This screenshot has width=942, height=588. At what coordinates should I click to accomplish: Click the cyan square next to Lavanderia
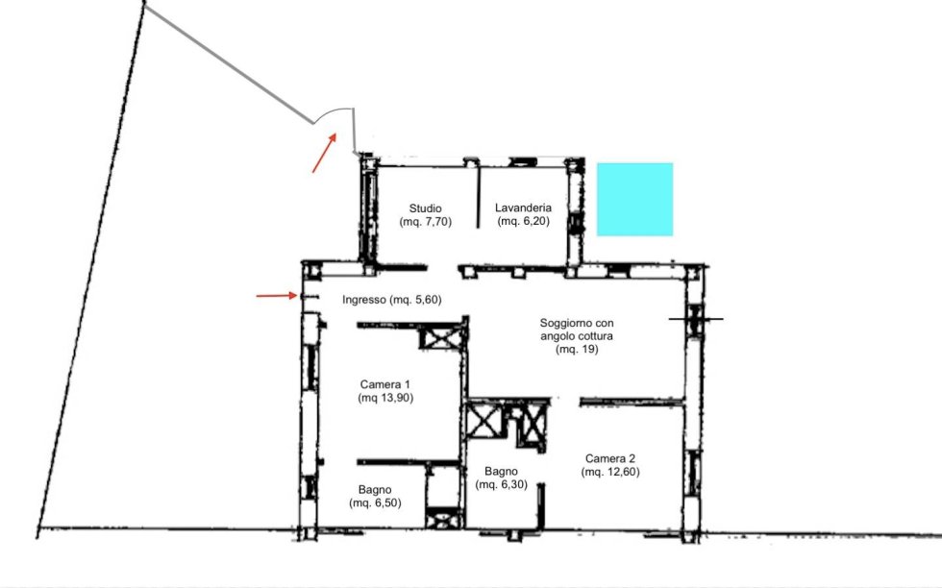click(x=634, y=199)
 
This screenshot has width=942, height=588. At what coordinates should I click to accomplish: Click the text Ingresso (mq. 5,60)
click(x=392, y=299)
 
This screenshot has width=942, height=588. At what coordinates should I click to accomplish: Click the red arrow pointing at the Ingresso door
click(x=277, y=296)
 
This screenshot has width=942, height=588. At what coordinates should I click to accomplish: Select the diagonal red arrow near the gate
click(x=325, y=153)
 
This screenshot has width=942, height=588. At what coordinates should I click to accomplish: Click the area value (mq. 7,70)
click(x=425, y=221)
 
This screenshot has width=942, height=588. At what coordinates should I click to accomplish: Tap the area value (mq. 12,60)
click(x=610, y=472)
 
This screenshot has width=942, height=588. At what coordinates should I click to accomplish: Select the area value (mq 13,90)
click(x=385, y=397)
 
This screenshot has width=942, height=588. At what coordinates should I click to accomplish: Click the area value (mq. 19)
click(x=577, y=349)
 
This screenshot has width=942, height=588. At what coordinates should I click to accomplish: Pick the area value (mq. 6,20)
click(x=523, y=221)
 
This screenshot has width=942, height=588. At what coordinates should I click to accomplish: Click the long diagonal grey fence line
click(x=229, y=62)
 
